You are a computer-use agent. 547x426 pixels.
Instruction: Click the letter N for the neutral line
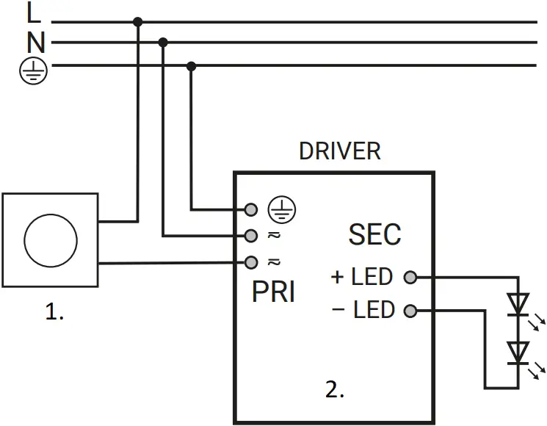[35, 43]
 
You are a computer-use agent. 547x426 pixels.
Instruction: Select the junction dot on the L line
[137, 22]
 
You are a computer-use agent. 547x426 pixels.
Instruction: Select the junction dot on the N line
[163, 42]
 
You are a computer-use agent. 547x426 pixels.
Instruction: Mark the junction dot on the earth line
[192, 66]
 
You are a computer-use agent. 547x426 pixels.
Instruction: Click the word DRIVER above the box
[339, 151]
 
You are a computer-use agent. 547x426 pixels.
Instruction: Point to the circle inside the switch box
[50, 240]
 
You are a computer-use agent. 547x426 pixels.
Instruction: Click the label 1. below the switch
[54, 312]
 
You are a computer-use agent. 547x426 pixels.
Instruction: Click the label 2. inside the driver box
[335, 390]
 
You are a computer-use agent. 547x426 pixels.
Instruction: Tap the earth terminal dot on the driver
[251, 210]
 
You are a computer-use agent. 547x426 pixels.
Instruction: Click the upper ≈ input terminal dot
[251, 236]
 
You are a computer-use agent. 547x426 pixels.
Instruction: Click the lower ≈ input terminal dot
[251, 261]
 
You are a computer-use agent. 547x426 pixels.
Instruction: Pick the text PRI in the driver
[273, 292]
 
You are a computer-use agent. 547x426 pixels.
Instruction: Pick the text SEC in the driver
[374, 234]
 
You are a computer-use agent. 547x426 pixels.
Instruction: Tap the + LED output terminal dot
[410, 278]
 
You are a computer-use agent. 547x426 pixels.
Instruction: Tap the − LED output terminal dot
[410, 311]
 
